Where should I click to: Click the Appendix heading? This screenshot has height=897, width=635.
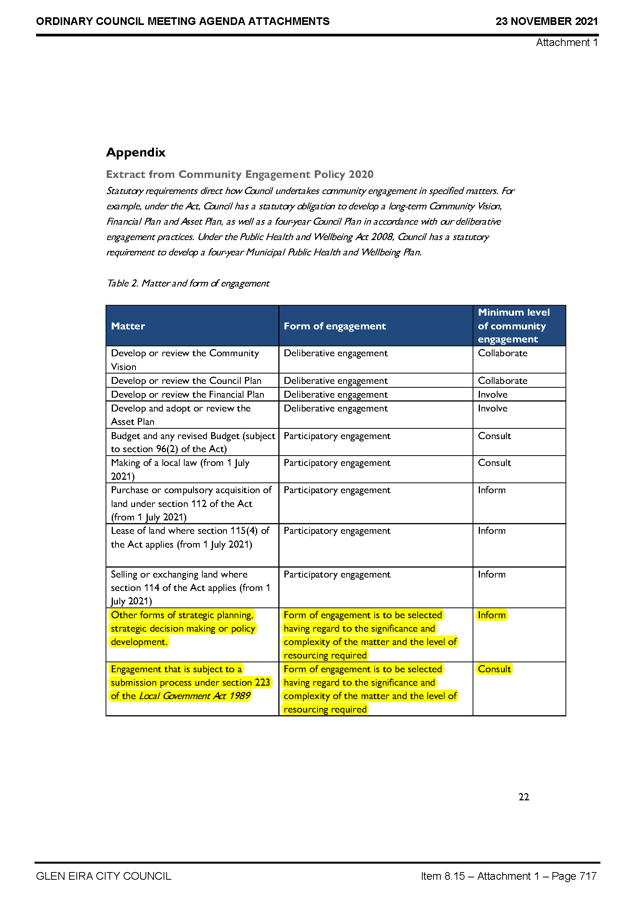pyautogui.click(x=136, y=152)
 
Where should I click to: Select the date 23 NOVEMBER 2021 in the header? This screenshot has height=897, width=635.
pyautogui.click(x=546, y=21)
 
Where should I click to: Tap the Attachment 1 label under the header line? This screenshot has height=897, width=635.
pyautogui.click(x=567, y=42)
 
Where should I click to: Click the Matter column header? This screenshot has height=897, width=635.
pyautogui.click(x=128, y=326)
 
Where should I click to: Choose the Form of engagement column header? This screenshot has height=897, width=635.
pyautogui.click(x=335, y=326)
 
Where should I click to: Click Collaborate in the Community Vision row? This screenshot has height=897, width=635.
pyautogui.click(x=503, y=353)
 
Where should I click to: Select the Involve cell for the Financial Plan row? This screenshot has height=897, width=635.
pyautogui.click(x=492, y=395)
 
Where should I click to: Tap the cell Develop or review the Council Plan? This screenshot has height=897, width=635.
pyautogui.click(x=186, y=380)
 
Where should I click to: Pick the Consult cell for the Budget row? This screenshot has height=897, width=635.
pyautogui.click(x=494, y=436)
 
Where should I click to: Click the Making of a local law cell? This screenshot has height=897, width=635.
pyautogui.click(x=180, y=469)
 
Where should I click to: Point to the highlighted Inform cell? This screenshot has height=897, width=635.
pyautogui.click(x=491, y=615)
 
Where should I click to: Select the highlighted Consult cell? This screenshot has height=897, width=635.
pyautogui.click(x=494, y=669)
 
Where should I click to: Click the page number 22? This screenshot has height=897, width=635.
pyautogui.click(x=524, y=797)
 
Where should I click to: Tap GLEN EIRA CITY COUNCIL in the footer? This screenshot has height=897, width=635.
pyautogui.click(x=104, y=876)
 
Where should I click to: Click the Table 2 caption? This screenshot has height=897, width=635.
pyautogui.click(x=188, y=283)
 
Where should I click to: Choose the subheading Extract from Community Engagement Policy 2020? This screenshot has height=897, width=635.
pyautogui.click(x=240, y=174)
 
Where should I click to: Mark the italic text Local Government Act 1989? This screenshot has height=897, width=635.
pyautogui.click(x=194, y=696)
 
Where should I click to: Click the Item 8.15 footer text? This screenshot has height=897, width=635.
pyautogui.click(x=508, y=876)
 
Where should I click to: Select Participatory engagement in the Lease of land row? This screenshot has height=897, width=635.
pyautogui.click(x=337, y=530)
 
